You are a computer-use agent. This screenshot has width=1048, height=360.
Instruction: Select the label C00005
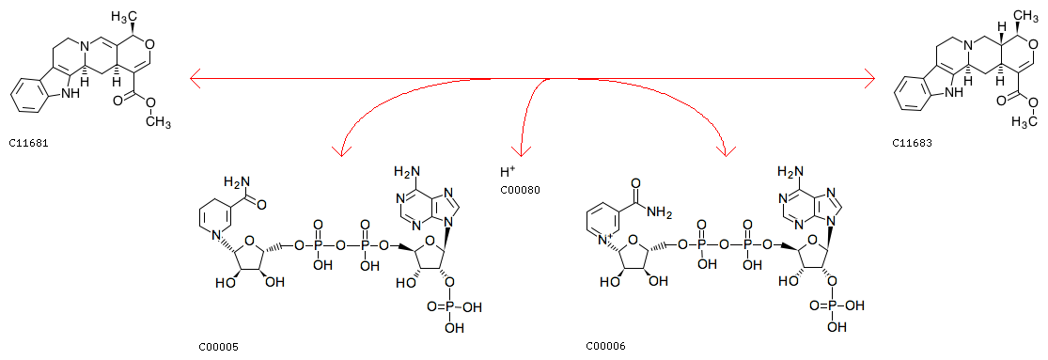(x=219, y=347)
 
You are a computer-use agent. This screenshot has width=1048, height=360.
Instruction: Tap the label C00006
(x=605, y=346)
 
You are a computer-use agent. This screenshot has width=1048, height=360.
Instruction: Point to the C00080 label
(x=520, y=191)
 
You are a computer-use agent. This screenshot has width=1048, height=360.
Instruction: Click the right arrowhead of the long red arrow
(x=868, y=78)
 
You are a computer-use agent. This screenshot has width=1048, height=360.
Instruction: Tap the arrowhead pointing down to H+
(x=521, y=151)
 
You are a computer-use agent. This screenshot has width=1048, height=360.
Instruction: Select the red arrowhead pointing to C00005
(x=342, y=150)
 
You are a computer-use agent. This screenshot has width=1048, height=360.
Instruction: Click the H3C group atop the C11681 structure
(x=124, y=15)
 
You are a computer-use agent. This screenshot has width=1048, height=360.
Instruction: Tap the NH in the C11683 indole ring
(x=954, y=93)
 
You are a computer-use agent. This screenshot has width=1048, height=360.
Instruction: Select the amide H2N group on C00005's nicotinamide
(x=236, y=181)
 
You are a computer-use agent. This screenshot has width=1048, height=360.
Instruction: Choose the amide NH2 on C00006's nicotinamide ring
(x=659, y=211)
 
